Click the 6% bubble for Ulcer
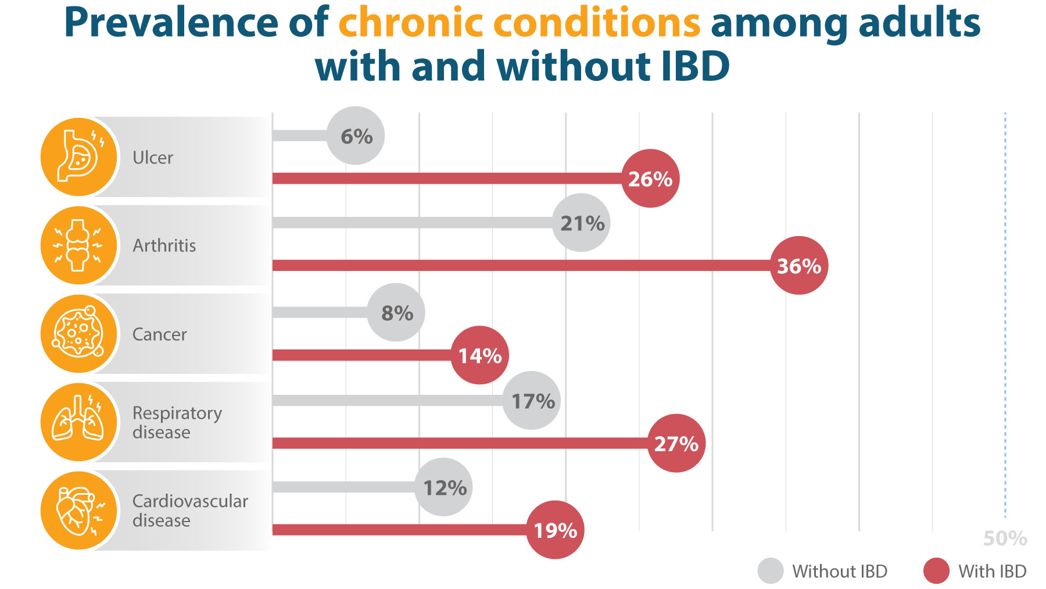(x=356, y=135)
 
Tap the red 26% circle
(x=650, y=179)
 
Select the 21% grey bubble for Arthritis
(x=581, y=223)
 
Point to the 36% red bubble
(x=799, y=266)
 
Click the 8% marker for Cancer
(x=396, y=313)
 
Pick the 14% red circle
(x=479, y=355)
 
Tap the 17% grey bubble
(x=532, y=401)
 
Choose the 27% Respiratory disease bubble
(x=676, y=444)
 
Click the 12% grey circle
(x=444, y=487)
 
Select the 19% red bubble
(x=555, y=530)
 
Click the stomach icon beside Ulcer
(x=80, y=157)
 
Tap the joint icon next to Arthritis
(x=80, y=245)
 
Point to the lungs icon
(x=80, y=422)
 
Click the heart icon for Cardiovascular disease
(x=80, y=511)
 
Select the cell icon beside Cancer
(x=80, y=334)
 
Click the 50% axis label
(x=1005, y=538)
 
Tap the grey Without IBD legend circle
(x=771, y=571)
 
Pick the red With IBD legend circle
(x=936, y=571)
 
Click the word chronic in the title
(x=410, y=23)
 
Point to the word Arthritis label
(x=164, y=245)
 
